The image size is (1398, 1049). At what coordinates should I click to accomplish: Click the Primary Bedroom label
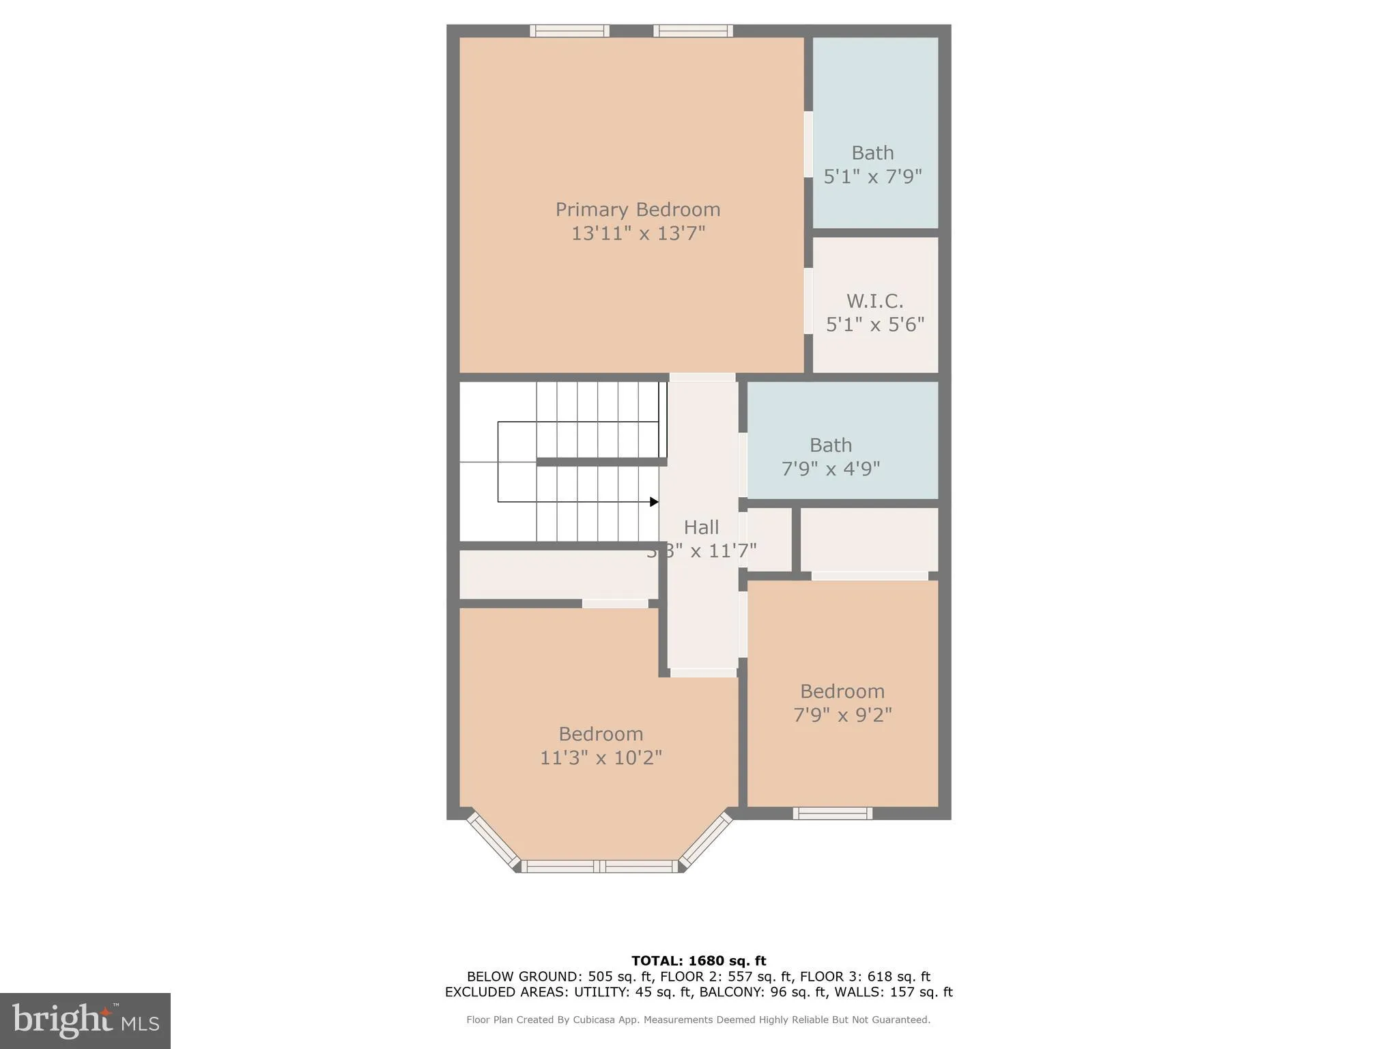(638, 209)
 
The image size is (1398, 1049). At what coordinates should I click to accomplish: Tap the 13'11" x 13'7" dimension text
(638, 234)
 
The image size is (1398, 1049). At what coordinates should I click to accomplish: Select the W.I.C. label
(874, 300)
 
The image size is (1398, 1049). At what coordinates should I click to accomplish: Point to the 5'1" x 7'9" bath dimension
(872, 177)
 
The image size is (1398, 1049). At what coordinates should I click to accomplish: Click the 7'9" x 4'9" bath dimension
(830, 469)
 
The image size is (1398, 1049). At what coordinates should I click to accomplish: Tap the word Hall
(701, 527)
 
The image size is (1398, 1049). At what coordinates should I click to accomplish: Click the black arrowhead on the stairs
(654, 502)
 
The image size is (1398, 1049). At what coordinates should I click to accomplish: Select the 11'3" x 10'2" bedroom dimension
(601, 758)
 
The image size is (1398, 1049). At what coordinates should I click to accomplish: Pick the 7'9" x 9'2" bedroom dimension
(842, 715)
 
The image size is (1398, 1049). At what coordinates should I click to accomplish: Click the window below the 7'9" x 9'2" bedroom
(832, 813)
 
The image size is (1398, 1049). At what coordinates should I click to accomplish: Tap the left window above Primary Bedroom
(569, 31)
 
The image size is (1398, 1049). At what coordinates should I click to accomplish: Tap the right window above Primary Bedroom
(693, 31)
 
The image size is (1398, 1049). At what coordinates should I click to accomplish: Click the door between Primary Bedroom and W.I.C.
(808, 301)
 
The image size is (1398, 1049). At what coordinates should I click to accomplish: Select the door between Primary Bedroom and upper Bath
(808, 144)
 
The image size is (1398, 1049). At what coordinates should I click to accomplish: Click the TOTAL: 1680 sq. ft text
(698, 961)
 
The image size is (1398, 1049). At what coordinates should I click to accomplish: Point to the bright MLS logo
(85, 1020)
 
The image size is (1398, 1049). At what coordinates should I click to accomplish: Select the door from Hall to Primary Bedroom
(702, 377)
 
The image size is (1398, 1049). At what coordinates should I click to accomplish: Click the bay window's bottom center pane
(600, 867)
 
